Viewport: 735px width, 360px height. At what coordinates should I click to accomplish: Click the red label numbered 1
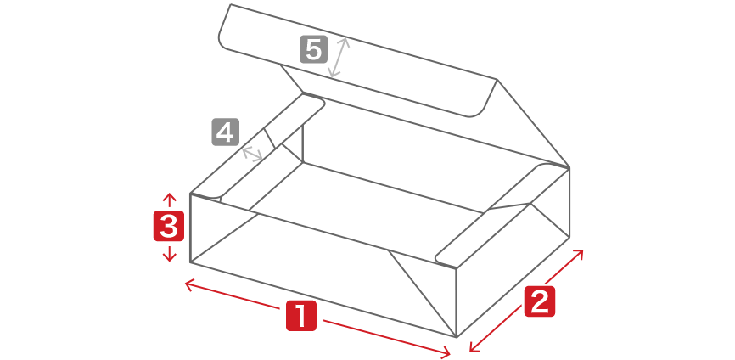pos(301,316)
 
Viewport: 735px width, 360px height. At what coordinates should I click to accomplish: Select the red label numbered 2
pos(539,301)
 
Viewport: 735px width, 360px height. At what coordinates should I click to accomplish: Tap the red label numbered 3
pos(169,226)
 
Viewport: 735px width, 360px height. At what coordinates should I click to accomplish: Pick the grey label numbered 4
pos(226,132)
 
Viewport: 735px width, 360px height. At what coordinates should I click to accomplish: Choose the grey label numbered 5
pos(313,49)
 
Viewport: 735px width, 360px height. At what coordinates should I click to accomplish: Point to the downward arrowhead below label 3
pos(170,256)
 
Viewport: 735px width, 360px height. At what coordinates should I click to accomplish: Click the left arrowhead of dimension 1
pos(190,284)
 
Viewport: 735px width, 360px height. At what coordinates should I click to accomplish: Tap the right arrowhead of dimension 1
pos(446,352)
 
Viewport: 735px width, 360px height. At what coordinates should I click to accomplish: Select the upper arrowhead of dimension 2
pos(578,254)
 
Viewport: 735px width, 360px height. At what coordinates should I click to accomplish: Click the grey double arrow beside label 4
pos(252,155)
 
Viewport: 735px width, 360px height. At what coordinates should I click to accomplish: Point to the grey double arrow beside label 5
pos(339,57)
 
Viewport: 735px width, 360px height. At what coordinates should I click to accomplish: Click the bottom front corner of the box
pos(457,337)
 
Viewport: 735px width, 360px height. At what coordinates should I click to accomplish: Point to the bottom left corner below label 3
pos(190,262)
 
